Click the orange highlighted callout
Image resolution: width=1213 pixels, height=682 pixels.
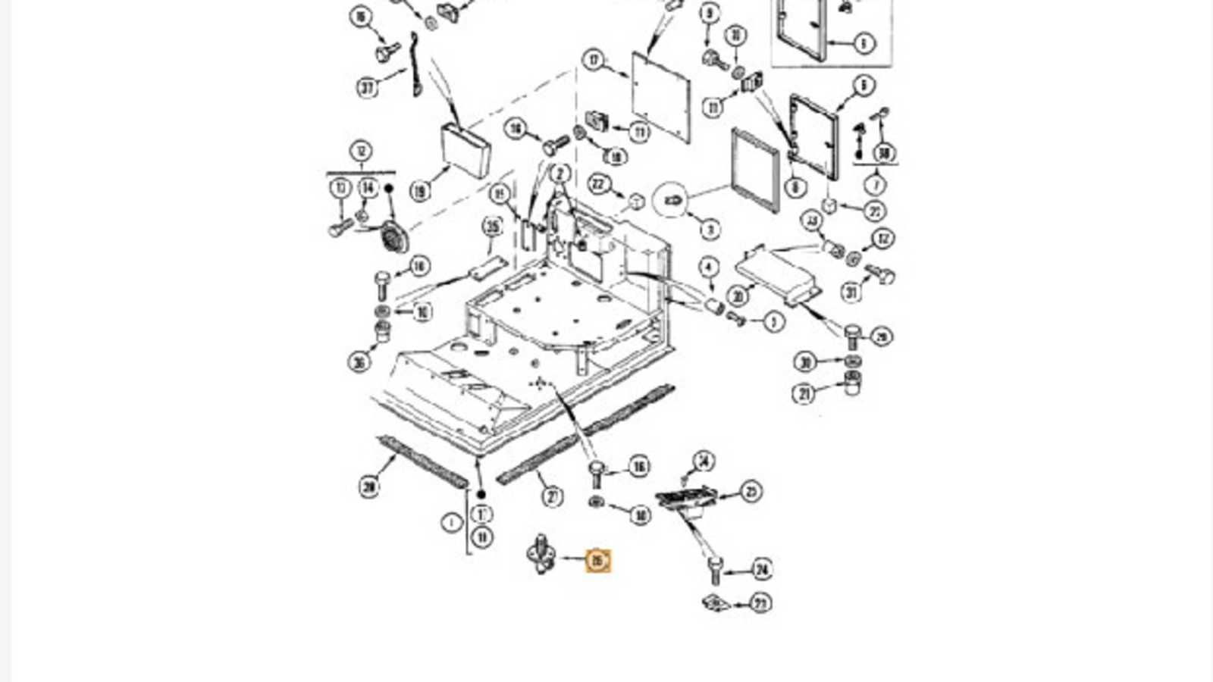coord(597,561)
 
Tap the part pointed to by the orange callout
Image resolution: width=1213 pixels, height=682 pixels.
coord(541,555)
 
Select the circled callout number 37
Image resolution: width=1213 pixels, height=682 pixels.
coord(368,88)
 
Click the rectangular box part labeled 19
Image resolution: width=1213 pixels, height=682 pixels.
coord(465,151)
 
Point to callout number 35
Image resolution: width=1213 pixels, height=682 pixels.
coord(493,226)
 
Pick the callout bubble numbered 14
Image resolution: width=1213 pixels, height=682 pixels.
coord(368,187)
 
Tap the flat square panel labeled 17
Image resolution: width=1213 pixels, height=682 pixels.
coord(661,96)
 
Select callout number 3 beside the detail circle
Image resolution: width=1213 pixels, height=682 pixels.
coord(709,228)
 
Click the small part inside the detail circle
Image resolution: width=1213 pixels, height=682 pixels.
coord(672,201)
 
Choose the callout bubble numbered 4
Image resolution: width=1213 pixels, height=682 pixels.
coord(708,267)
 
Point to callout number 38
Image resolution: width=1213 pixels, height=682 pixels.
coord(883,154)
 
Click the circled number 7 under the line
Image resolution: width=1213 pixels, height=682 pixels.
coord(876,184)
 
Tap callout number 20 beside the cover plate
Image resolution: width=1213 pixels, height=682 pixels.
coord(737,296)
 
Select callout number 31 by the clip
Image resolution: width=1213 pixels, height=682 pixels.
coord(851,292)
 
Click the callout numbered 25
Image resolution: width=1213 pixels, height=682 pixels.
coord(751,492)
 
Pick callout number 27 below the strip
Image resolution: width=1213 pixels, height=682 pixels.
coord(553,497)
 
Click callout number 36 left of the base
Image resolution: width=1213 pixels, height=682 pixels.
coord(359,362)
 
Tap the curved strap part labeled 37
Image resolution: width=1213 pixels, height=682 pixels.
coord(415,65)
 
